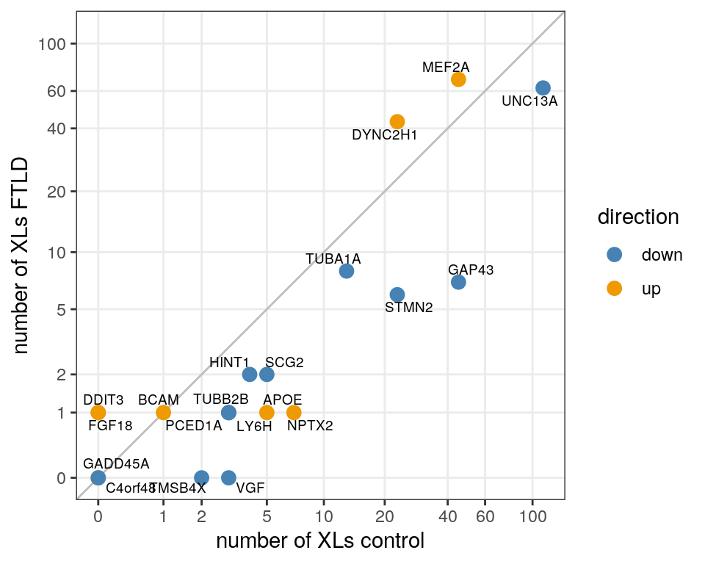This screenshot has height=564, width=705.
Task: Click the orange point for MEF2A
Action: tap(458, 79)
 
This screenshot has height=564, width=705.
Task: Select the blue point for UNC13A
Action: tap(543, 88)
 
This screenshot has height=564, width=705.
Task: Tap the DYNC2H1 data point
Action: tap(397, 122)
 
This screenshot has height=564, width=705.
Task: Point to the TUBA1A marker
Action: tap(347, 271)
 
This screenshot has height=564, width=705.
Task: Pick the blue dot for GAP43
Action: tap(458, 282)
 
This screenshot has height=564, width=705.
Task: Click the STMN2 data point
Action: tap(397, 294)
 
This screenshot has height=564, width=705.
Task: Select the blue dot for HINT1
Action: tap(250, 375)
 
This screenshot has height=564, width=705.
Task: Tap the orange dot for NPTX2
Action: tap(294, 413)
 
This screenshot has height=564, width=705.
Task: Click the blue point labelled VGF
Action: tap(228, 477)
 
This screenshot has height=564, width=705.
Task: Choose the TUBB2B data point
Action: tap(228, 413)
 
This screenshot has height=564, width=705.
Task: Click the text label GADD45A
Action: tap(116, 464)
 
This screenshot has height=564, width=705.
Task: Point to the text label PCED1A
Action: tap(194, 425)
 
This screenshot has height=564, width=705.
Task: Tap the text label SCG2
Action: tap(284, 362)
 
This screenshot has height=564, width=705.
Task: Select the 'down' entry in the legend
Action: tap(662, 255)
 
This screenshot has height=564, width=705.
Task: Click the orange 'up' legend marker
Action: tap(615, 289)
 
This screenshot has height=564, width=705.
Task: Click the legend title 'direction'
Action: tap(637, 217)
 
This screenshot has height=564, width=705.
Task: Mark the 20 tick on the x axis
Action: tap(384, 517)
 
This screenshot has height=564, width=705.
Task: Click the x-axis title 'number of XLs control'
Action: tap(320, 542)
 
